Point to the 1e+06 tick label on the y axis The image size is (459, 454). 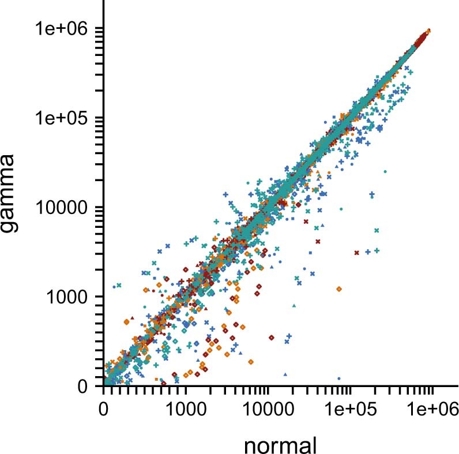[x=63, y=29]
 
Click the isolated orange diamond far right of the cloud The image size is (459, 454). [x=339, y=288]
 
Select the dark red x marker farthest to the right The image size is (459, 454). [x=356, y=252]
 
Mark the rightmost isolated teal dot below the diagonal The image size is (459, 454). [x=385, y=171]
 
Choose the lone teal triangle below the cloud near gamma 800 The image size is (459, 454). [x=294, y=305]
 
